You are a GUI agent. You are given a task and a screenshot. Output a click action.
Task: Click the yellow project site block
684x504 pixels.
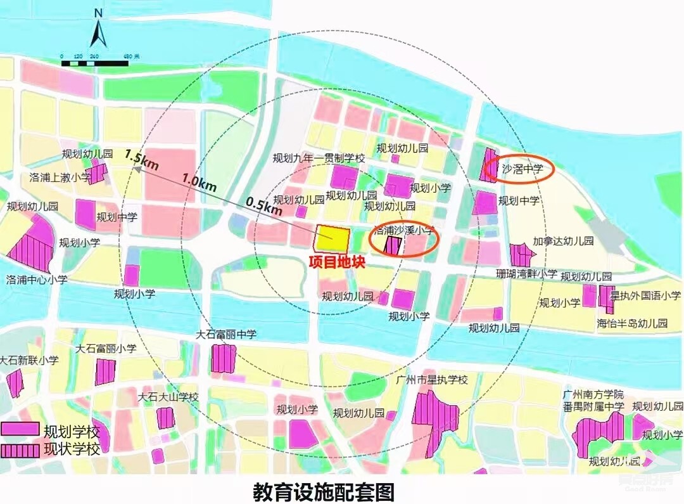(333, 239)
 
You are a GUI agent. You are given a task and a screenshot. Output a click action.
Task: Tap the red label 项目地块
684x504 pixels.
(336, 262)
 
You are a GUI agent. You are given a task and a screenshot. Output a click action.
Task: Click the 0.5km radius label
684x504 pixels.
(264, 206)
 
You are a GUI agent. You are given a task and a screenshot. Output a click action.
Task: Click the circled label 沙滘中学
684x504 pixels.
(522, 170)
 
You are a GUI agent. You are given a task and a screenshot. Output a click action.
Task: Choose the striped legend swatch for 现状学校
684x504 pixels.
(20, 451)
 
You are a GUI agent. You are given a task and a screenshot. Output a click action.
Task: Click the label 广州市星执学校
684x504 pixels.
(431, 380)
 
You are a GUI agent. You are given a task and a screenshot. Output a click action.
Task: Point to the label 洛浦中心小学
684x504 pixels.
(36, 279)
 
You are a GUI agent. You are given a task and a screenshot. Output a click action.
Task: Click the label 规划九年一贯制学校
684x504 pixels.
(319, 158)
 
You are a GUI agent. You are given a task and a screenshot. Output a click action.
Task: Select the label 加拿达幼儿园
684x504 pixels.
(563, 241)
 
